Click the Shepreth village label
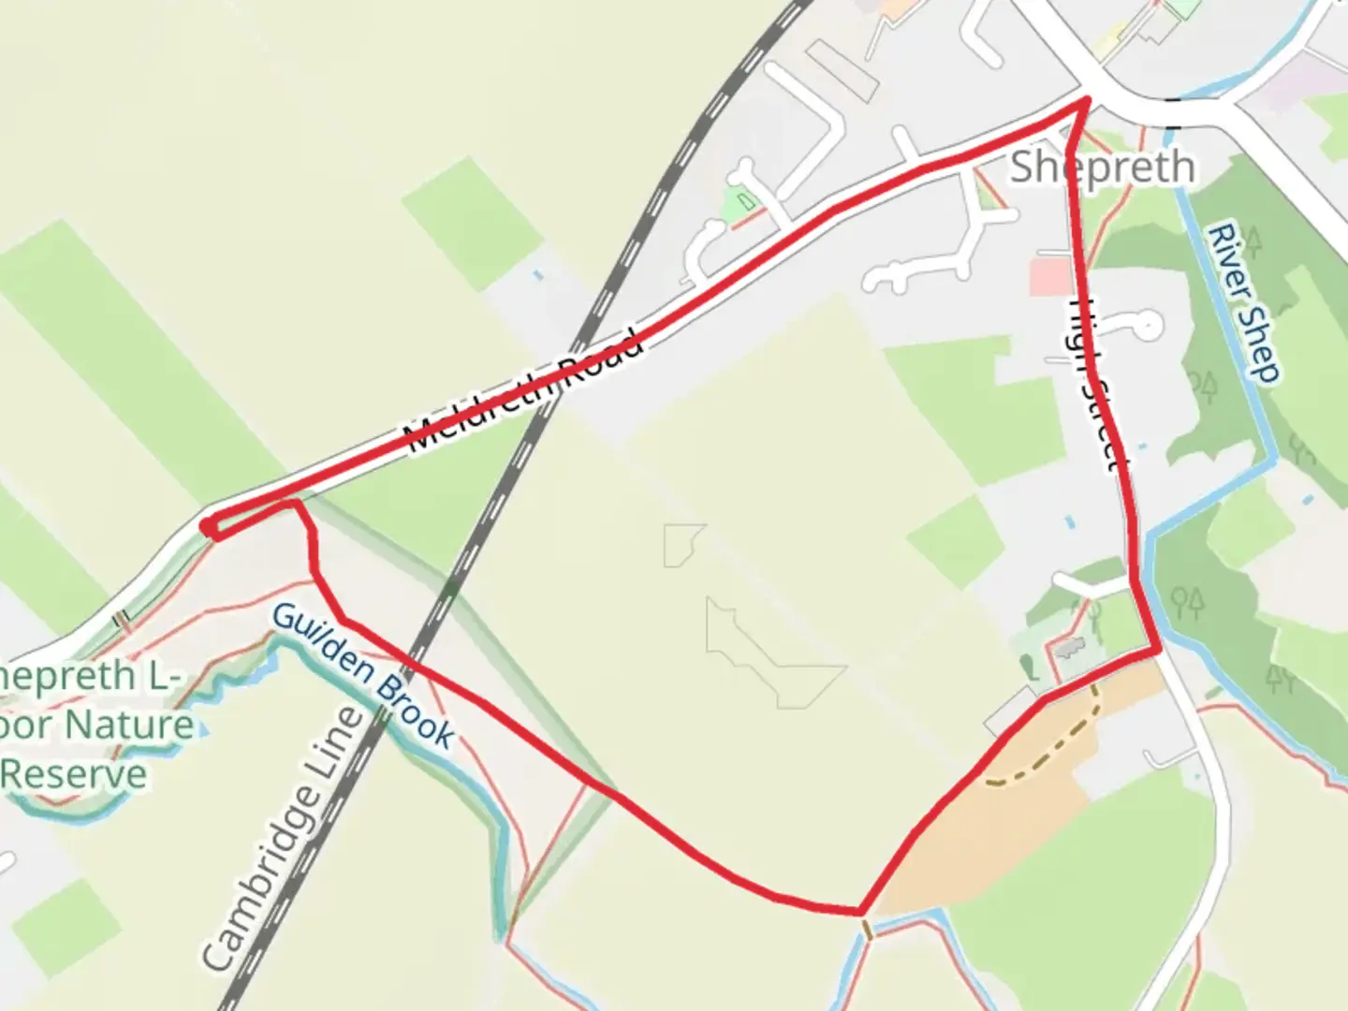point(1103,168)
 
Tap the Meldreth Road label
point(525,390)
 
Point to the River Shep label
point(1244,302)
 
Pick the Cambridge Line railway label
point(282,839)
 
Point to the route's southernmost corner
point(859,910)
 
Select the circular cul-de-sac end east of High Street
point(1149,326)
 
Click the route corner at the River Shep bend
point(1158,648)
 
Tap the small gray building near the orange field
point(1066,647)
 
